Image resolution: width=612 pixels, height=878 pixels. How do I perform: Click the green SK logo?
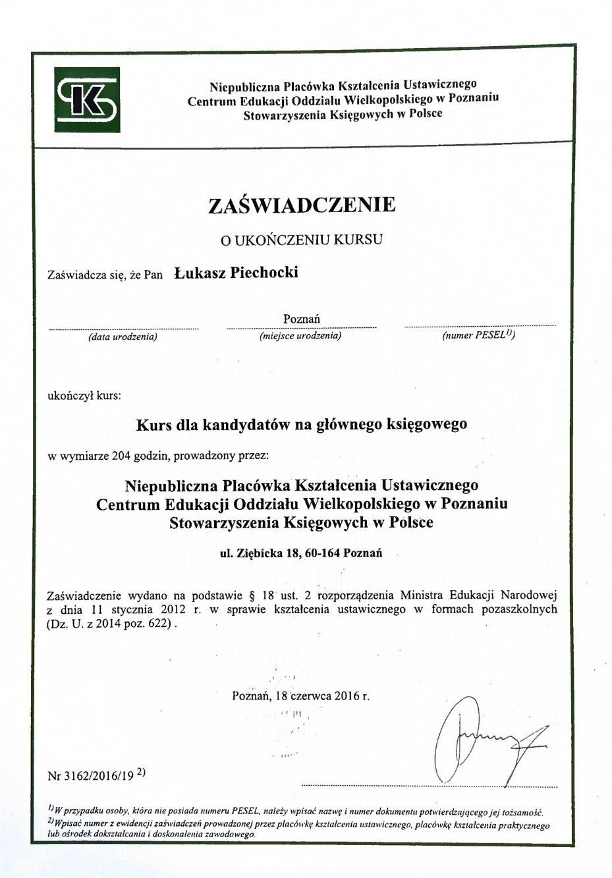(x=87, y=99)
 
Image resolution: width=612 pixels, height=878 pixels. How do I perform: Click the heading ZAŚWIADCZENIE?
(x=302, y=205)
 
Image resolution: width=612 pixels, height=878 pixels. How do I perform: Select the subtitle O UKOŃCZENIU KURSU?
(x=302, y=239)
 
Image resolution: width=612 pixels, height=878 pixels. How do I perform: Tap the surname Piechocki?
(x=264, y=273)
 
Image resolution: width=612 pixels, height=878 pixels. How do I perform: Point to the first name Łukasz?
(x=199, y=273)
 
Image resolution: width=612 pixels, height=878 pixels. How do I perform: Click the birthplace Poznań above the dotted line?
(x=302, y=319)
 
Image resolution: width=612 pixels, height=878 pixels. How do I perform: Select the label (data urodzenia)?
(x=123, y=337)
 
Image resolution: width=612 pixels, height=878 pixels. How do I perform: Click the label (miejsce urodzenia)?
(x=301, y=336)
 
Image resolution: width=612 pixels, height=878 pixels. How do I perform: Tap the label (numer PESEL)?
(x=478, y=335)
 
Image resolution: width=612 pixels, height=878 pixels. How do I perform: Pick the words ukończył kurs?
(x=85, y=397)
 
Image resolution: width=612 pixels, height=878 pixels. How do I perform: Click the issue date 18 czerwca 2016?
(x=318, y=695)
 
